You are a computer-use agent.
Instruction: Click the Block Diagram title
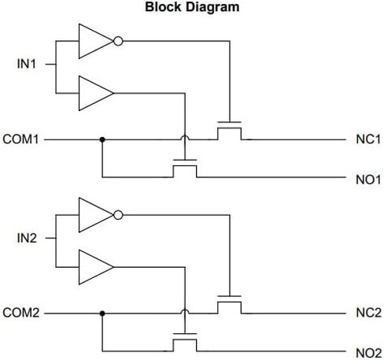pyautogui.click(x=192, y=7)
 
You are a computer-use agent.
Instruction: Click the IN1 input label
pyautogui.click(x=27, y=64)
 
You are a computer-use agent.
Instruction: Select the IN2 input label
pyautogui.click(x=27, y=238)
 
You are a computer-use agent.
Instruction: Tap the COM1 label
pyautogui.click(x=21, y=139)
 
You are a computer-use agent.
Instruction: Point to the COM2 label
pyautogui.click(x=21, y=313)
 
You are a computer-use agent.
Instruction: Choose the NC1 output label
pyautogui.click(x=368, y=139)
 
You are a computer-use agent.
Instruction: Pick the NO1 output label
pyautogui.click(x=368, y=180)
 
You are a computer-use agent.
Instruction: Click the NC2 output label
pyautogui.click(x=368, y=313)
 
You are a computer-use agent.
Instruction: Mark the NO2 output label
pyautogui.click(x=368, y=353)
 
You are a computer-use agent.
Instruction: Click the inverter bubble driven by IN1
pyautogui.click(x=118, y=41)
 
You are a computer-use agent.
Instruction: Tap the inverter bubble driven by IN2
pyautogui.click(x=118, y=215)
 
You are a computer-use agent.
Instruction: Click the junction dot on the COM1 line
pyautogui.click(x=102, y=139)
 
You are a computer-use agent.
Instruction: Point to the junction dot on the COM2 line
pyautogui.click(x=102, y=314)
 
